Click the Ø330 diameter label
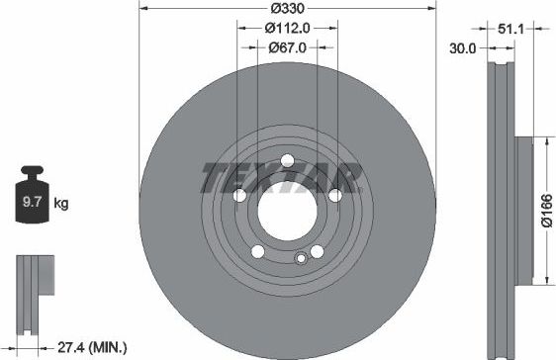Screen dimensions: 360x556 286,10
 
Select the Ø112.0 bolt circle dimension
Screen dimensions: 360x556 287,28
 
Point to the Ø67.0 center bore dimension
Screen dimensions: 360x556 286,46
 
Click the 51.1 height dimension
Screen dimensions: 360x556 511,30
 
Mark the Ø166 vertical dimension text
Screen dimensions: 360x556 544,210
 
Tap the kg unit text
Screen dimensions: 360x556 60,205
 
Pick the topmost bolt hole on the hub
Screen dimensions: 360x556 287,161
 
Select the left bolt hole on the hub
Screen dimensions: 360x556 239,196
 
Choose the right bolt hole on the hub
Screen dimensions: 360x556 334,196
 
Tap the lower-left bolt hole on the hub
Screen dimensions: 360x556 257,251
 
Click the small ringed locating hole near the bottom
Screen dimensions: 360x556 301,259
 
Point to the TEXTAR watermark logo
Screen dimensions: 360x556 279,178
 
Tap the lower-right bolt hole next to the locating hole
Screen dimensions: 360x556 317,251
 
